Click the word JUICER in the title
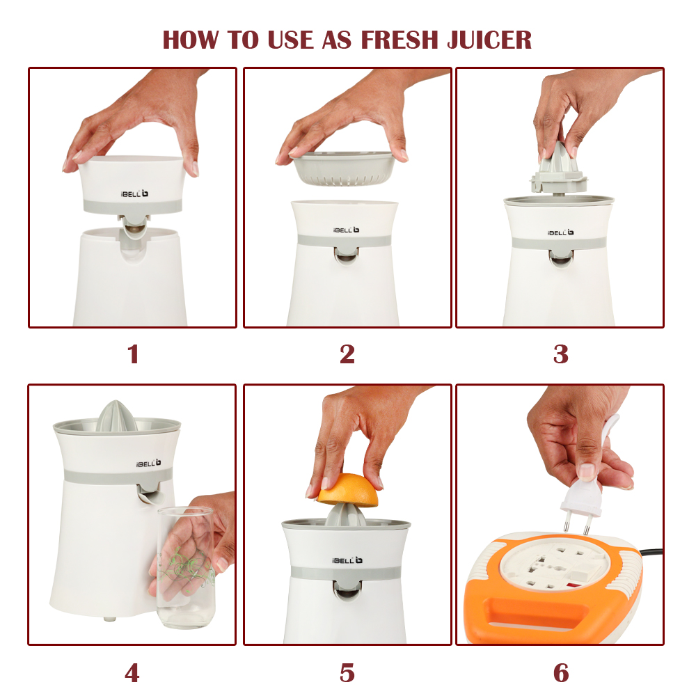[x=489, y=40]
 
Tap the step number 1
[x=133, y=354]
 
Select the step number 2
[x=347, y=354]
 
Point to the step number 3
[x=560, y=354]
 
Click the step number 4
[x=132, y=673]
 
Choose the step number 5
[x=347, y=673]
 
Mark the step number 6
[x=561, y=673]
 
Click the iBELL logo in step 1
[x=134, y=194]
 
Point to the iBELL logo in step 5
[x=347, y=560]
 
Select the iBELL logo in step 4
[x=148, y=464]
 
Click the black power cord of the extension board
[x=651, y=553]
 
